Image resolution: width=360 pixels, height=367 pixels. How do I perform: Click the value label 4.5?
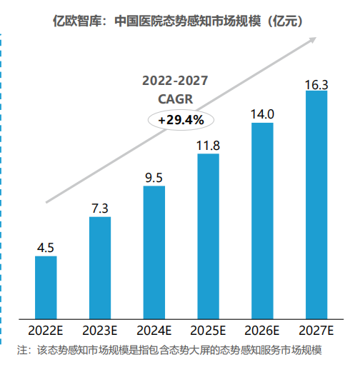click(x=46, y=248)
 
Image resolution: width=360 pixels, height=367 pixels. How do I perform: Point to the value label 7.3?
click(x=100, y=208)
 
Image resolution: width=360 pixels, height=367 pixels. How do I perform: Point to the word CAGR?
click(x=176, y=99)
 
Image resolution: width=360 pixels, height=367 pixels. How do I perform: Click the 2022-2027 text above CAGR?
click(x=176, y=80)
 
